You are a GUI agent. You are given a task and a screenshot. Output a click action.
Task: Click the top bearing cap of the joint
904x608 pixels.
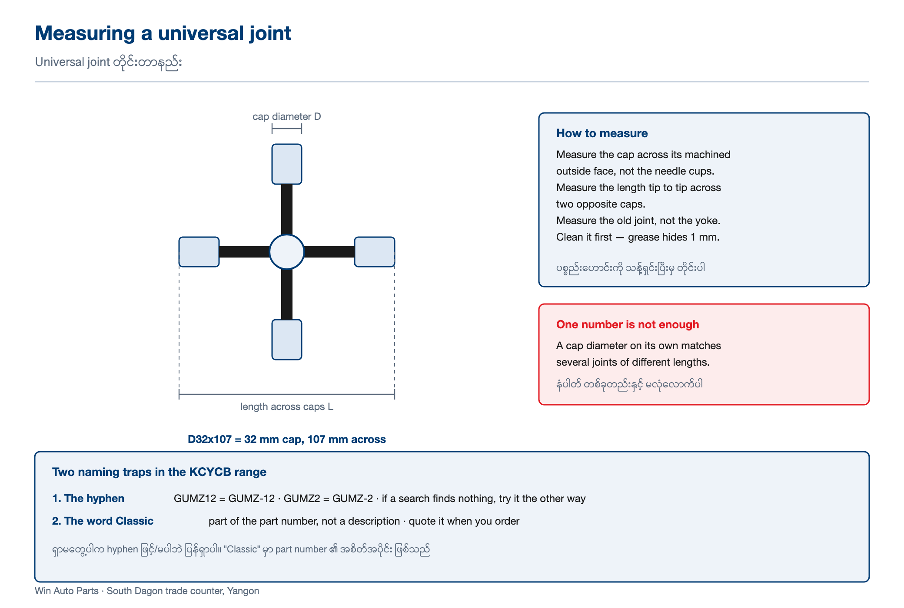[x=287, y=164]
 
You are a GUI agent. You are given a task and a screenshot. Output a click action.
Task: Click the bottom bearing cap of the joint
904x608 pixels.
[x=287, y=340]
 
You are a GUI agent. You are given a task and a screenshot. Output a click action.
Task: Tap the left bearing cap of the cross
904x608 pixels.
[x=199, y=252]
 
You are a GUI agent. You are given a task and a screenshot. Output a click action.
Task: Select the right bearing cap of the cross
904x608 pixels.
[x=375, y=252]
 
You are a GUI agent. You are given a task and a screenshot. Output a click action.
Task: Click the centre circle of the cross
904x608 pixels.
[x=287, y=252]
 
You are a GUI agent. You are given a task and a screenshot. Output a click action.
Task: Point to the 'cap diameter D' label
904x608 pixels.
[x=287, y=116]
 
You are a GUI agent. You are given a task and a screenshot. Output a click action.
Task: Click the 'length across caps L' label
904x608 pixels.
[x=287, y=406]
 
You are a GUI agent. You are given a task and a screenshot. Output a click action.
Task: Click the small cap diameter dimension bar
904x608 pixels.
[x=287, y=129]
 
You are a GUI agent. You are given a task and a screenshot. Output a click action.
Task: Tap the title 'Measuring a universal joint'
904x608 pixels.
[x=163, y=33]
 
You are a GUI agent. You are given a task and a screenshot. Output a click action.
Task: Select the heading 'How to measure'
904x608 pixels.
[x=602, y=133]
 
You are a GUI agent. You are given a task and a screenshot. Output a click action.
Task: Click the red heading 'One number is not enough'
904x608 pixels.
[x=628, y=324]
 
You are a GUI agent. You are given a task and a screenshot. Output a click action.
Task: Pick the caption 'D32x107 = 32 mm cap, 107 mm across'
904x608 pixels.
[x=287, y=439]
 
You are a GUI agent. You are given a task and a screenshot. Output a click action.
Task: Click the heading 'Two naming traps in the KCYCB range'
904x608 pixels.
[x=159, y=472]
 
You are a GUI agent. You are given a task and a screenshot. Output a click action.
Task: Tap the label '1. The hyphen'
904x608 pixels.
[x=88, y=498]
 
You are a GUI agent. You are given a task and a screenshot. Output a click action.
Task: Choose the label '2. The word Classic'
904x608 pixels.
[x=103, y=521]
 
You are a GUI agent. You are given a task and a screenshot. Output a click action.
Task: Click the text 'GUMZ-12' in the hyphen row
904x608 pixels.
[x=252, y=499]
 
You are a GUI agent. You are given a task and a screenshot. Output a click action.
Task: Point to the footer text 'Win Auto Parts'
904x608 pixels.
[x=66, y=591]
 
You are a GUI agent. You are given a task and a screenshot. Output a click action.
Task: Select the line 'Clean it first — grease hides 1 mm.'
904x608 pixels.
[x=638, y=237]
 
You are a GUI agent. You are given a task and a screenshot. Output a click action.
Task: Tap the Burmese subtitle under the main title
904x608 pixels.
[x=108, y=62]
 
